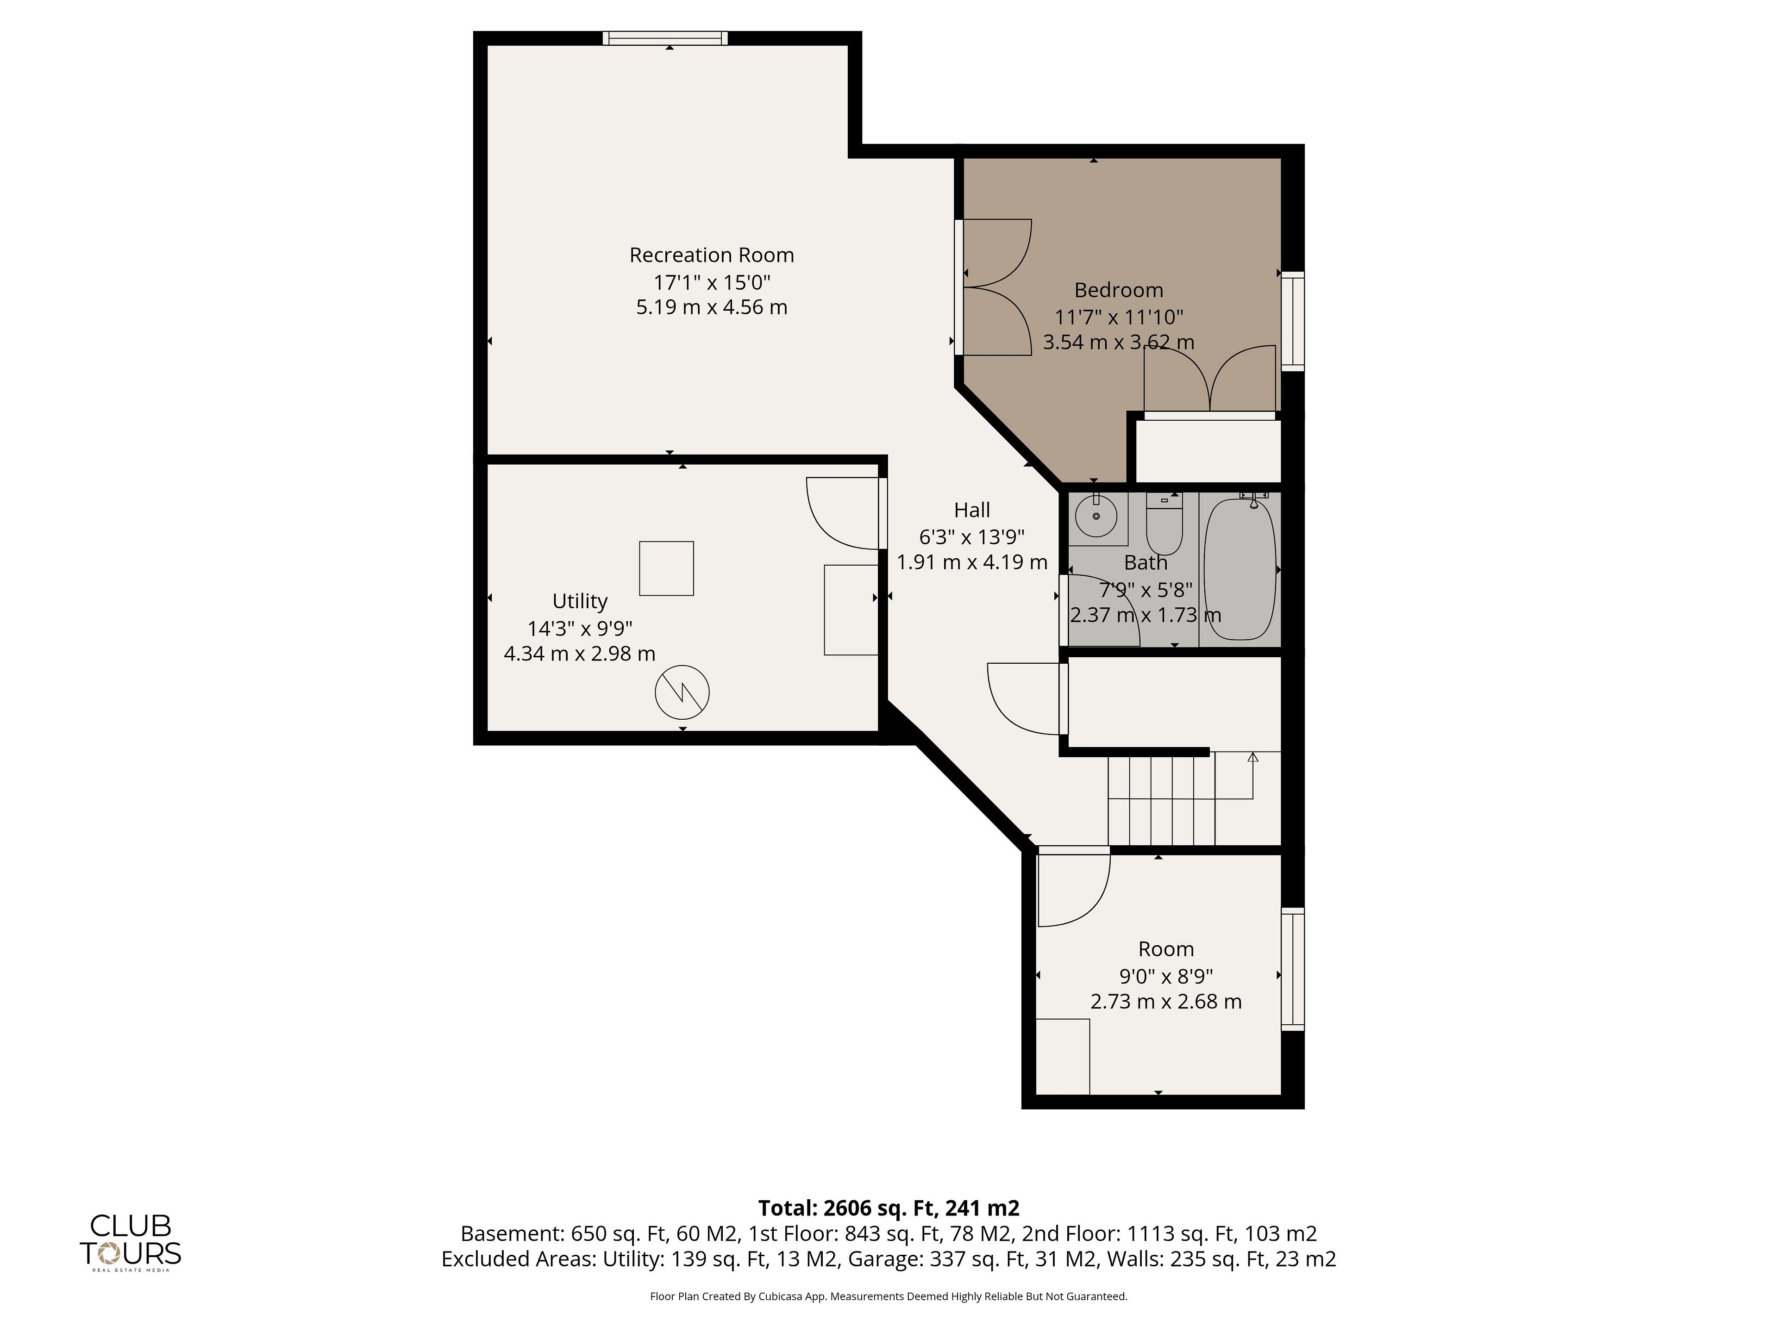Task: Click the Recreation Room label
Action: click(x=711, y=255)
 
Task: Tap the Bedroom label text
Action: click(x=1118, y=290)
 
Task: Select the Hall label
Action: click(x=972, y=510)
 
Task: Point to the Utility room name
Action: click(x=580, y=602)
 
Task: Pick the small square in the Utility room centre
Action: click(x=666, y=568)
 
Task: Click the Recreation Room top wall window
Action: click(x=665, y=38)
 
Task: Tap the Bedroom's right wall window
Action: click(x=1292, y=321)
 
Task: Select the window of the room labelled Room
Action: click(x=1292, y=969)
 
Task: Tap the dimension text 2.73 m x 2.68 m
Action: click(x=1165, y=1002)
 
